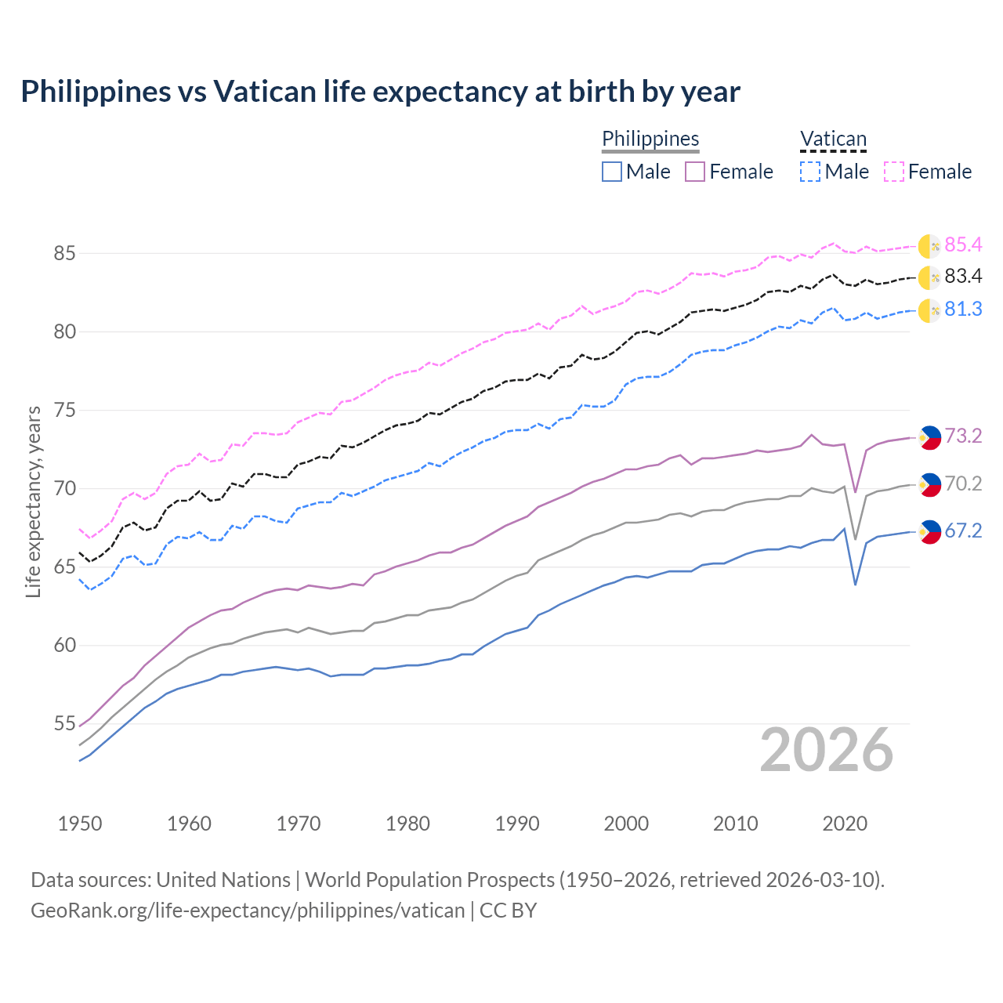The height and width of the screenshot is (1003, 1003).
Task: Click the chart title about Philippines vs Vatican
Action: (380, 92)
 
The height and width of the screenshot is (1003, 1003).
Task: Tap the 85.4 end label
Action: (963, 245)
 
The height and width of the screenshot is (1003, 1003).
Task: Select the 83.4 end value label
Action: (963, 277)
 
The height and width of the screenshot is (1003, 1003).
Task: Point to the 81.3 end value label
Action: (963, 310)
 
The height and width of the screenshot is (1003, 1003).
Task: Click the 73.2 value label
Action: (963, 436)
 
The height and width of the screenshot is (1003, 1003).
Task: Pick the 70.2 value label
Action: (963, 484)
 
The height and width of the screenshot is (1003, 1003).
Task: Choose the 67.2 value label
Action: (963, 531)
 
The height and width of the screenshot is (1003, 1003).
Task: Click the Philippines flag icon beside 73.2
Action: (929, 437)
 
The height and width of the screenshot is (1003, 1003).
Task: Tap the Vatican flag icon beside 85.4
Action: (929, 245)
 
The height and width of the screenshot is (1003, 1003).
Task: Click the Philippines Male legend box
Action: (612, 172)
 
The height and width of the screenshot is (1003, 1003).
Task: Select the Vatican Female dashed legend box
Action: (894, 172)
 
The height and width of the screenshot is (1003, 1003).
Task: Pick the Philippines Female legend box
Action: (695, 172)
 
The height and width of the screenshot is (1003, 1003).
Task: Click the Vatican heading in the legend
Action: (833, 139)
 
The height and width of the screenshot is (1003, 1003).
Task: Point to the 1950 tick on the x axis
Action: (80, 824)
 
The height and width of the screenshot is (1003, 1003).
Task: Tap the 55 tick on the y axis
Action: (64, 724)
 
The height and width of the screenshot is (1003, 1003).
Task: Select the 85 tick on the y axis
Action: (64, 254)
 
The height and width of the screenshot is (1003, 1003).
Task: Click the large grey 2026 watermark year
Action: (827, 750)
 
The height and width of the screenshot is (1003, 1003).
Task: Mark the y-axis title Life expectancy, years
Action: (33, 501)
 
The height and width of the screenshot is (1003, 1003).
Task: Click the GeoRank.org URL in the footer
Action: (248, 911)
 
